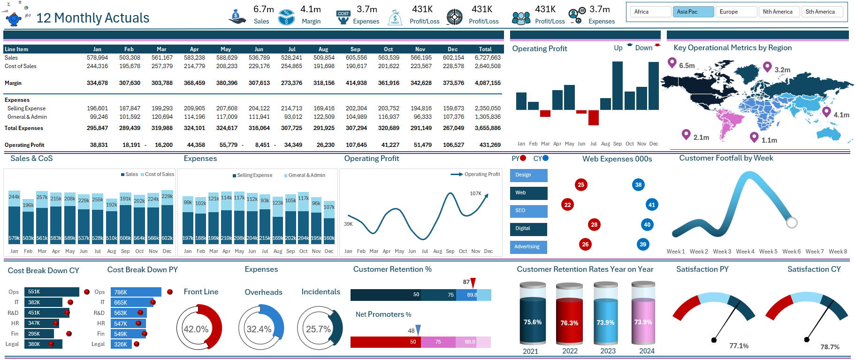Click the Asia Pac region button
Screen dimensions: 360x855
point(693,12)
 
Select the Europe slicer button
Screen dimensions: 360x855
point(736,12)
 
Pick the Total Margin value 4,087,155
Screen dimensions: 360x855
point(488,83)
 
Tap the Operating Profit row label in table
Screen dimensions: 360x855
point(24,145)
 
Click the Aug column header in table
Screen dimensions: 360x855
point(323,49)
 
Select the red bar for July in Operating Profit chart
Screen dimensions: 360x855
point(594,118)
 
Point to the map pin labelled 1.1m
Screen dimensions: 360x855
point(754,137)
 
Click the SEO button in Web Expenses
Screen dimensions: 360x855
point(528,211)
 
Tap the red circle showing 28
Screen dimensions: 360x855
point(594,225)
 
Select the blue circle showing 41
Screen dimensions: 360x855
point(651,205)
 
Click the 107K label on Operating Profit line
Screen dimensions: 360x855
point(475,193)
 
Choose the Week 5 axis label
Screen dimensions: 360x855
point(768,252)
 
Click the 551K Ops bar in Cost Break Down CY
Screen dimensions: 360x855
point(52,292)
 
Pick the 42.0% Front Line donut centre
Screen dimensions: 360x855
point(196,329)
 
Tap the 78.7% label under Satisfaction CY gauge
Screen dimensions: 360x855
point(830,347)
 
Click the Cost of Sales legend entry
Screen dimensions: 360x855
point(157,175)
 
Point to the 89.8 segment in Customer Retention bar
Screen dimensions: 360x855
point(472,295)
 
